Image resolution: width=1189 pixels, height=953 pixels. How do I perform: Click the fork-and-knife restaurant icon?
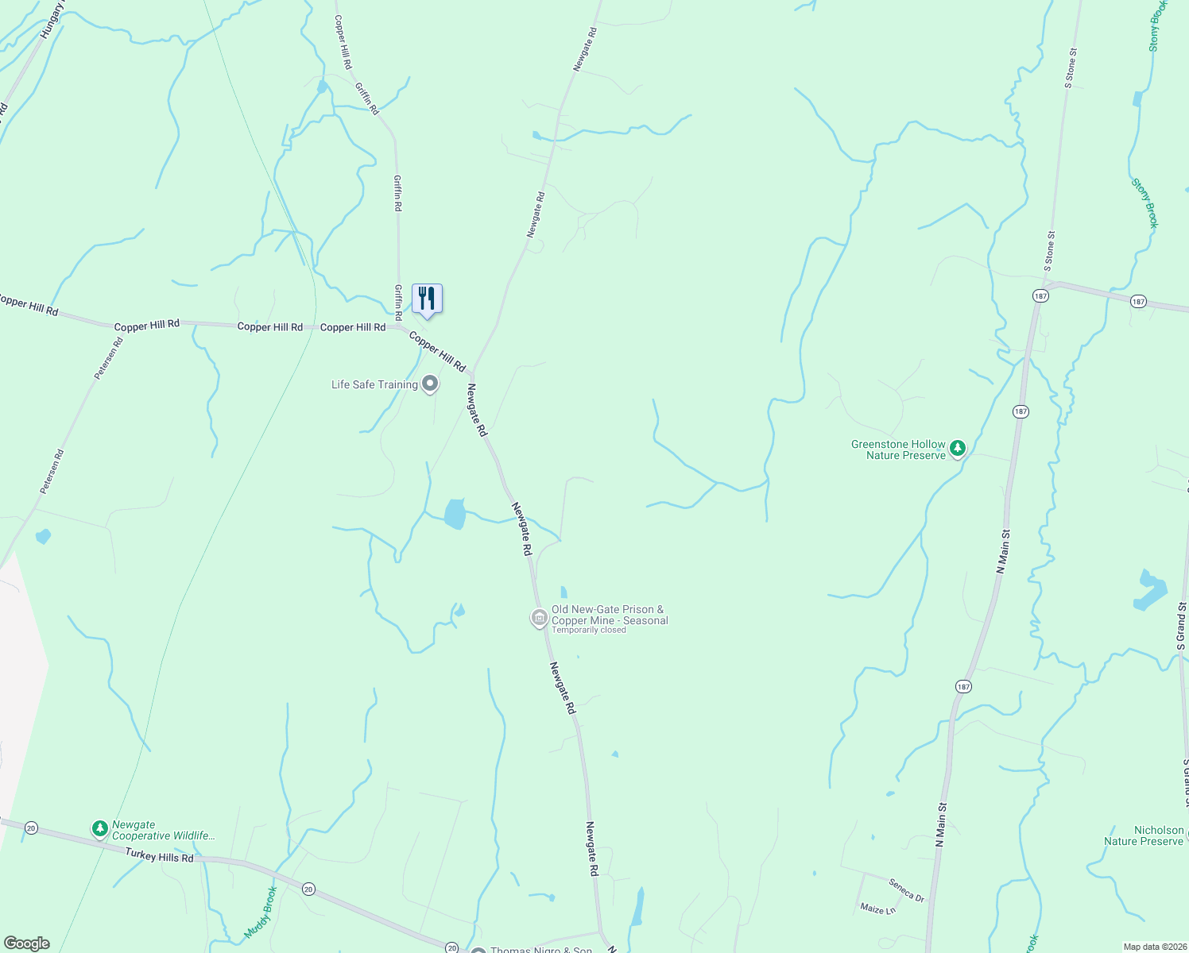(x=427, y=299)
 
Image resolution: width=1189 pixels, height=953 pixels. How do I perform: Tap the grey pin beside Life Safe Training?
(x=430, y=384)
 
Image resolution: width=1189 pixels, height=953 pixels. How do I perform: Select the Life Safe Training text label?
(x=374, y=384)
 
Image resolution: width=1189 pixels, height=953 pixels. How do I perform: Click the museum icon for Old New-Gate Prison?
(x=539, y=617)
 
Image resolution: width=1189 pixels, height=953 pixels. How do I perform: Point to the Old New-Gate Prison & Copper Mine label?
(x=610, y=615)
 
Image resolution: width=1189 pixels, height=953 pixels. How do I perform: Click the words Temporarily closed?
(x=589, y=631)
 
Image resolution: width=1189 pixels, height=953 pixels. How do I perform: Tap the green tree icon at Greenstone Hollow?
(x=958, y=449)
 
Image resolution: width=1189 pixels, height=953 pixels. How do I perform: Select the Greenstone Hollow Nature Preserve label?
(x=898, y=449)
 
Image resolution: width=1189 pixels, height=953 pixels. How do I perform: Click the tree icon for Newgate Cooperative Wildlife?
(x=99, y=829)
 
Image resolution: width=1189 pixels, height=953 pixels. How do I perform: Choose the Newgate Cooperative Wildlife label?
(x=163, y=830)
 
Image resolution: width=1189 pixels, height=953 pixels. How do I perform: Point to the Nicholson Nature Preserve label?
(x=1144, y=835)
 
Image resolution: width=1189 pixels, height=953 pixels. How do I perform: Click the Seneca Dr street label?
(x=906, y=889)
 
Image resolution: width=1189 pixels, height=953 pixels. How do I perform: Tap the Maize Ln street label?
(x=877, y=909)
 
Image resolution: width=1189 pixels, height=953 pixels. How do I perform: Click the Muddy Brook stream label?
(x=259, y=912)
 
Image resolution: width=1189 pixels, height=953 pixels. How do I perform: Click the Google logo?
(x=27, y=943)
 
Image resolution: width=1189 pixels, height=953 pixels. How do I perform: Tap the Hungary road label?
(x=52, y=21)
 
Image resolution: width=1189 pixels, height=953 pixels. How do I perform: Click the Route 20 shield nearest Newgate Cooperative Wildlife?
(x=31, y=828)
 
